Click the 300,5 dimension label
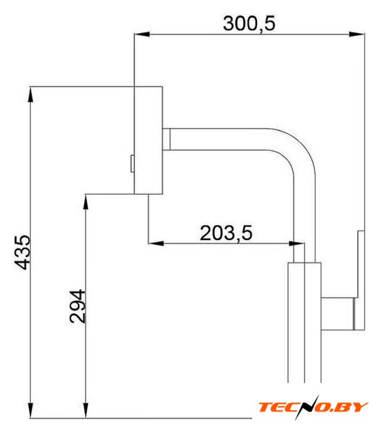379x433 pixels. pos(249,24)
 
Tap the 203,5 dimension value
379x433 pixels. pos(226,233)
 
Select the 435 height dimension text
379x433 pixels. pos(22,252)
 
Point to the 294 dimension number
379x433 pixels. pos(77,306)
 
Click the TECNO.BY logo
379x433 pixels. pos(313,407)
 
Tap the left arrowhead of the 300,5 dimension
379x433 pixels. pos(142,35)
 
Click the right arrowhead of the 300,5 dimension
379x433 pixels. pos(357,35)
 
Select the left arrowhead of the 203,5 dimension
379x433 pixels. pos(156,244)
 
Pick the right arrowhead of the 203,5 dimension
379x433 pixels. pos(296,244)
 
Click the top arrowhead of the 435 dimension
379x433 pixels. pos(31,95)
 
